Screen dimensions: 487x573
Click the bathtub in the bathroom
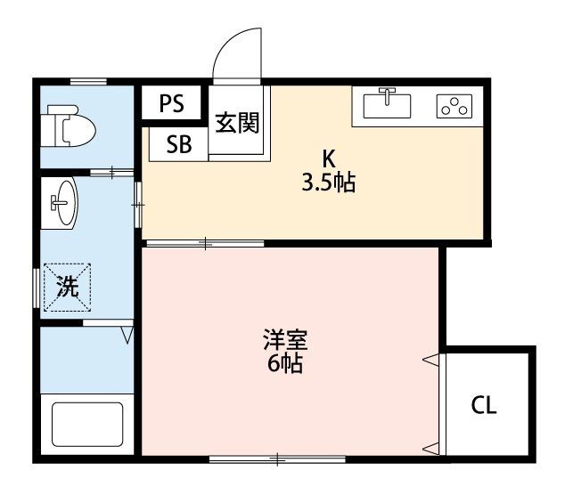(x=86, y=426)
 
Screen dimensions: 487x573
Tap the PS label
(x=171, y=103)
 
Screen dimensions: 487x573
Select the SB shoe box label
(x=178, y=144)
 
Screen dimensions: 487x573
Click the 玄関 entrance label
(x=237, y=122)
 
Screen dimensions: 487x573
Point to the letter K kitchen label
(x=328, y=160)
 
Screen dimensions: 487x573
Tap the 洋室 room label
(x=285, y=340)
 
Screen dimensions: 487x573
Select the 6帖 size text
(x=285, y=363)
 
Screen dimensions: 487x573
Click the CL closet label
(x=484, y=406)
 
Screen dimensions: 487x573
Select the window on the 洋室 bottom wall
(x=277, y=459)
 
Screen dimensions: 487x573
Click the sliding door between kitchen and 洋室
(x=205, y=242)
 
